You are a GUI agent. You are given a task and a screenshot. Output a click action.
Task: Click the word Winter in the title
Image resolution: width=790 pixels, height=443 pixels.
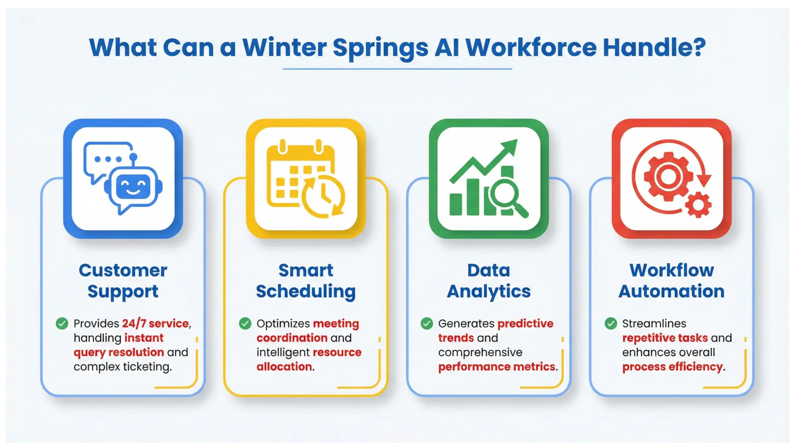pos(285,48)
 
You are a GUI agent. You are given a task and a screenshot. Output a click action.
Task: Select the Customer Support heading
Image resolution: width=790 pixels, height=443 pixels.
pos(123,281)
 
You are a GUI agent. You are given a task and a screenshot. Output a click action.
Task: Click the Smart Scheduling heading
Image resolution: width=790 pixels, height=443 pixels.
pos(306,281)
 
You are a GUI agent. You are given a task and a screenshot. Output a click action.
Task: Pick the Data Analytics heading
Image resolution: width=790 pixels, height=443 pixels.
pos(489,281)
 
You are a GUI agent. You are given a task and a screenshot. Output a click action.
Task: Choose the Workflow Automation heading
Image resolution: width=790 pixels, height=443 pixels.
pos(671,281)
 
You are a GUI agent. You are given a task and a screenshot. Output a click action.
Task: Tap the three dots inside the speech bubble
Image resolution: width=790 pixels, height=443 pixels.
pos(108,159)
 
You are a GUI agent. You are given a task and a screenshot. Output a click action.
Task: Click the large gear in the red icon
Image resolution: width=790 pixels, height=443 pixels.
pos(667,176)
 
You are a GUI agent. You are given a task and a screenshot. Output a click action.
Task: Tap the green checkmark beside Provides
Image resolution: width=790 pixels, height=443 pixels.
pos(62,323)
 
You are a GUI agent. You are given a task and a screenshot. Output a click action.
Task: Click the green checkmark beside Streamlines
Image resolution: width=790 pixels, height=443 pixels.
pos(611,323)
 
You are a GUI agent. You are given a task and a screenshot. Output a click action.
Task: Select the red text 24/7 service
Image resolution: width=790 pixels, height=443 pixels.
pos(155,323)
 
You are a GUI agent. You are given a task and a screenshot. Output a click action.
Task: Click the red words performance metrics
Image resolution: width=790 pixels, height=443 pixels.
pos(497,367)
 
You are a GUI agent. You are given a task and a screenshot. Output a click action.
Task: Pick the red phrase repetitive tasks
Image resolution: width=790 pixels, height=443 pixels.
pos(665,338)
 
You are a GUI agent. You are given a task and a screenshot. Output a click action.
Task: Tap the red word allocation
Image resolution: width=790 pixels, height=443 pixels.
pos(284,367)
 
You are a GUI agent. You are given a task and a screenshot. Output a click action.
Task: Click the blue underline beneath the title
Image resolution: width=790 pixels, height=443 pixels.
pos(397,69)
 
